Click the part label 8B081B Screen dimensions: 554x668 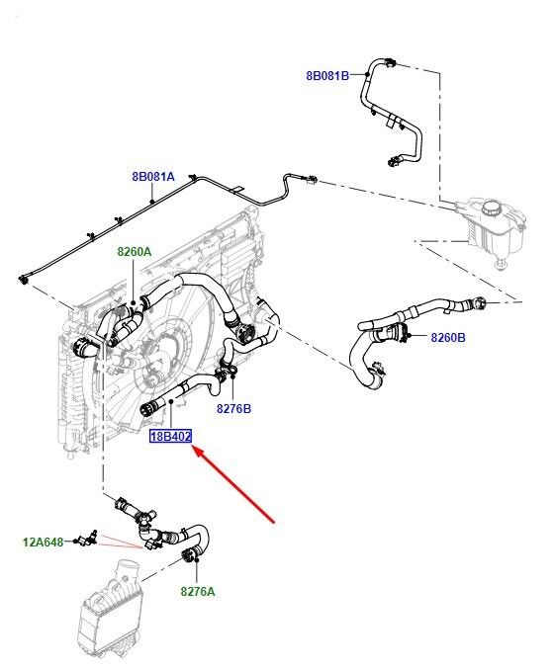pos(327,76)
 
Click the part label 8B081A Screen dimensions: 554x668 pos(153,176)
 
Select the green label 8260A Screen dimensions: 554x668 pos(135,252)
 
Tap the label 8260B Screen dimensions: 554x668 pos(448,337)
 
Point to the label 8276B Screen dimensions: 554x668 pos(233,408)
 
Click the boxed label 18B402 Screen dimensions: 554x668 pos(170,436)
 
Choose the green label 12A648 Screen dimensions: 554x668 pos(43,543)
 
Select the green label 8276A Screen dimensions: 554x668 pos(198,591)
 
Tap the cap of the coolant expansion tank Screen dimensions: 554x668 pos(495,208)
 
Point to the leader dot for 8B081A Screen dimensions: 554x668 pos(152,201)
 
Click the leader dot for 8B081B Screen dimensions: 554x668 pos(366,74)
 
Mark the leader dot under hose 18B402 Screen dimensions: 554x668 pos(171,401)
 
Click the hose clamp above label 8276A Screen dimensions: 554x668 pos(188,555)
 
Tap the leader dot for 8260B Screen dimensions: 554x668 pos(409,337)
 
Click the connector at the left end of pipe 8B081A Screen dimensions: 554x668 pos(23,280)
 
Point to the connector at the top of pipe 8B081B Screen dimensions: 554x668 pos(390,62)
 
